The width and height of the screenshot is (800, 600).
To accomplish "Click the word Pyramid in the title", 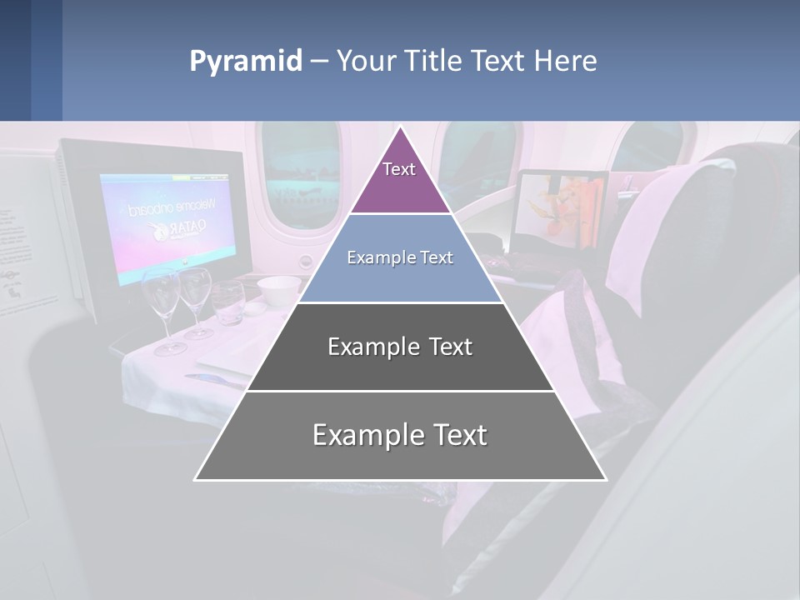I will coord(246,62).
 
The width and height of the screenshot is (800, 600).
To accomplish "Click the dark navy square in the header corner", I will coord(15,60).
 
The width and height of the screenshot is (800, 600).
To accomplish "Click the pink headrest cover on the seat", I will coord(675,225).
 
